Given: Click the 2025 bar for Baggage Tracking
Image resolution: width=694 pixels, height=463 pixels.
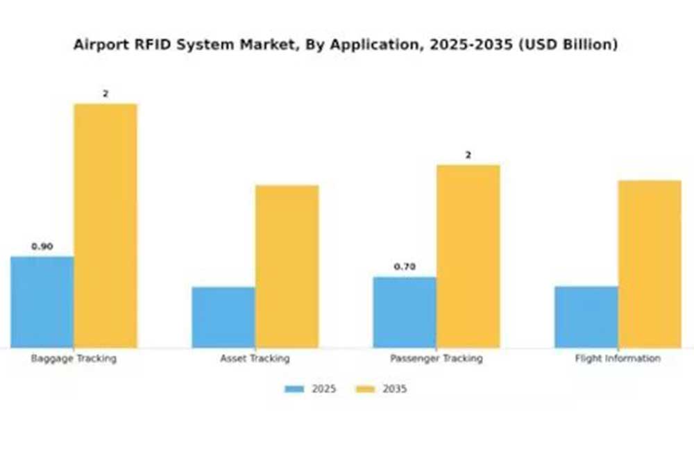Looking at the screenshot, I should [x=42, y=302].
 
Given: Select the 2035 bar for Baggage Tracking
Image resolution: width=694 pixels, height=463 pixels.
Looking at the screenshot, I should [x=105, y=226].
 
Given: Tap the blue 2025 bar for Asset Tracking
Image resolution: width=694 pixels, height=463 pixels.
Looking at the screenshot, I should [x=223, y=317].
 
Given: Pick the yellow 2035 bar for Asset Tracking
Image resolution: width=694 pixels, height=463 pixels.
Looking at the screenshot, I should [x=287, y=267].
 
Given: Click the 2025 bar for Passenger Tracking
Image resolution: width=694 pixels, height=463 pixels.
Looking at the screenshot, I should [x=405, y=312].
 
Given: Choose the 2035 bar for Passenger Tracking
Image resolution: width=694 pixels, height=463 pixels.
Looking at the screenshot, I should [x=468, y=256].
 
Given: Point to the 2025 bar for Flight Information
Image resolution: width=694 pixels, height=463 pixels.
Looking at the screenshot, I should [x=586, y=317].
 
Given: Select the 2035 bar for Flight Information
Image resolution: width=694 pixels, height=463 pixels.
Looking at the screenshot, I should [x=650, y=264].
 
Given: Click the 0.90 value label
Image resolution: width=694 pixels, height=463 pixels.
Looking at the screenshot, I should [x=42, y=246].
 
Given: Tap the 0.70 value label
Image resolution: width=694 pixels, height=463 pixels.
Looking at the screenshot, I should [x=405, y=267].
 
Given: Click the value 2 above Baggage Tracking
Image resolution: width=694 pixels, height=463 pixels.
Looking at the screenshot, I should [x=105, y=94].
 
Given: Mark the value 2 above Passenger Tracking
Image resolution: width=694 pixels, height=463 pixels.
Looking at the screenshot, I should [x=468, y=155].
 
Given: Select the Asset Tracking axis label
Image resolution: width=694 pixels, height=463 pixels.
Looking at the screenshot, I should [x=255, y=359].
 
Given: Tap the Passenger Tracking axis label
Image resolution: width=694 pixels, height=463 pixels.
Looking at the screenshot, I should [x=436, y=359].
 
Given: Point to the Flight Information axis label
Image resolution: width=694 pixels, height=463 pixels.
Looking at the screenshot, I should [x=618, y=359].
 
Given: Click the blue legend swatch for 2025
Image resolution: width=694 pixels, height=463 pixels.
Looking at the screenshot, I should [x=294, y=389].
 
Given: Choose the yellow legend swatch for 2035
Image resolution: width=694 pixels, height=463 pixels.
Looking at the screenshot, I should [x=365, y=389].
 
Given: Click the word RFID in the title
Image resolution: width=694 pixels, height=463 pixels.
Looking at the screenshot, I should [x=140, y=45].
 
